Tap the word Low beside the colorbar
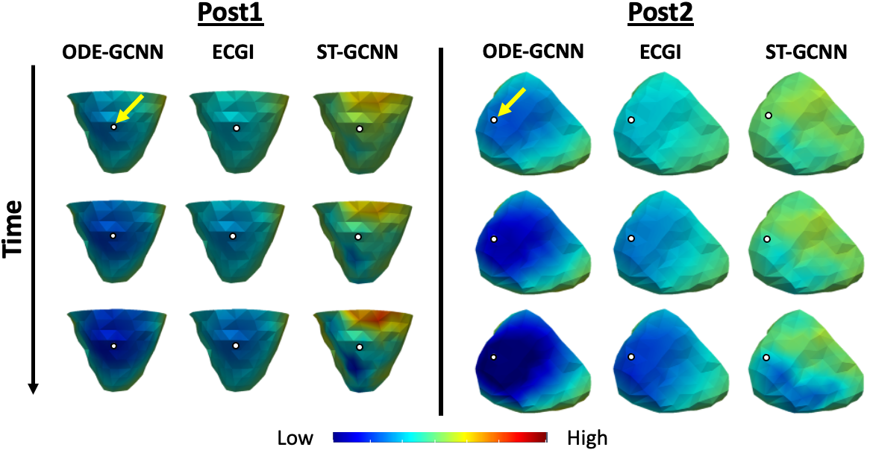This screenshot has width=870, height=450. point(295,437)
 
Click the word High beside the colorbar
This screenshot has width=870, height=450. point(587,437)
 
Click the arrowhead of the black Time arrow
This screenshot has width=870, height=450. point(33,387)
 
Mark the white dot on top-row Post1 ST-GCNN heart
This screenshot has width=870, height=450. point(359,129)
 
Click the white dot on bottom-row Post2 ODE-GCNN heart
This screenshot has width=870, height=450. point(493,358)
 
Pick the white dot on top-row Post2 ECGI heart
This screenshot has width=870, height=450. point(630,119)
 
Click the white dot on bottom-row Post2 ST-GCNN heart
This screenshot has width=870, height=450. point(766,358)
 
